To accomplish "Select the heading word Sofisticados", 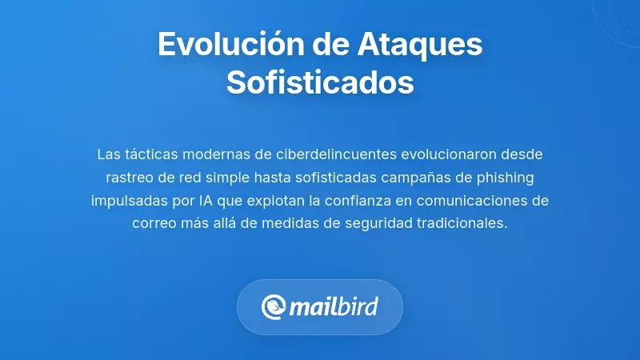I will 320,82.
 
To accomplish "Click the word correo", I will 154,222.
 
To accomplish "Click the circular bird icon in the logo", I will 274,306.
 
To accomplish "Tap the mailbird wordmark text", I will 333,306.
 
